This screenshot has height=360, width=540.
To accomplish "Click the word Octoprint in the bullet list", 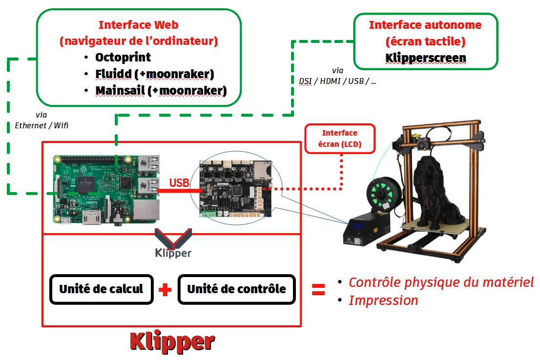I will pos(123,57).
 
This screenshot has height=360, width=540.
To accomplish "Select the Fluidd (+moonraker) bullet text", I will pos(154,74).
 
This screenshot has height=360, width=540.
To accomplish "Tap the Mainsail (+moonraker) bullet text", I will pos(161,91).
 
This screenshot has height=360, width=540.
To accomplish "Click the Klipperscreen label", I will pos(425,58).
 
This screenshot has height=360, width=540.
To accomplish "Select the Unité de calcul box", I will pos(101,289).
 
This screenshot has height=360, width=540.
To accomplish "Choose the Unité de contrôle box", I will pos(237,289).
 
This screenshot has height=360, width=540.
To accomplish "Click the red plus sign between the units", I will pos(165,290).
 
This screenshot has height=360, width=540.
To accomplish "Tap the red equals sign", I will pos(318,290).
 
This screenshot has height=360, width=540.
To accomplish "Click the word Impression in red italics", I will pos(383,300).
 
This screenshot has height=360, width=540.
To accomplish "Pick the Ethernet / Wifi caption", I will pos(42,125).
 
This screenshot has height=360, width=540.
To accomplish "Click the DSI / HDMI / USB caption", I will pos(338,81).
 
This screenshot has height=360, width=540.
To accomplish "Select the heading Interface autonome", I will pos(425,25).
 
